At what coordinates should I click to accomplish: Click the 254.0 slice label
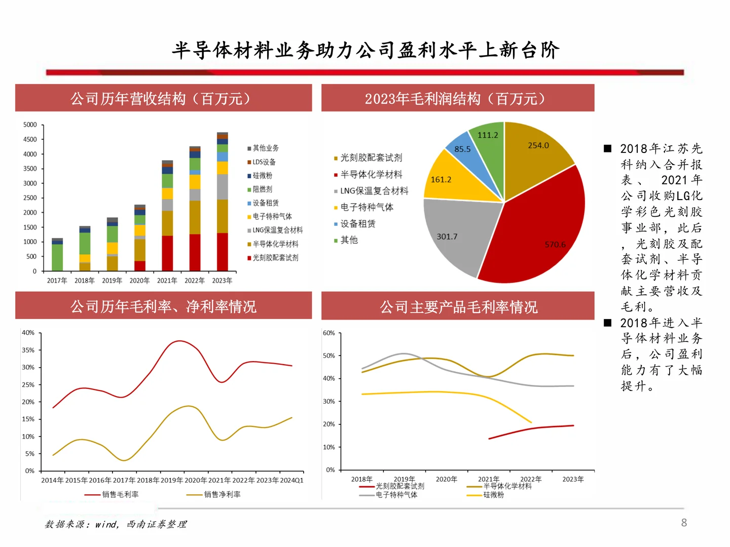tap(538, 145)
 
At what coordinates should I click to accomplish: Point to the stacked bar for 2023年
tap(222, 203)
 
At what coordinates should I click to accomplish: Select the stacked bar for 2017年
tap(57, 256)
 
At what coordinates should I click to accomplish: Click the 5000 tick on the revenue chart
tap(30, 125)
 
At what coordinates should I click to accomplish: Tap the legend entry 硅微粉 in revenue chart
tap(263, 176)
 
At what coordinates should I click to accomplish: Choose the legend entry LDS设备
tap(264, 162)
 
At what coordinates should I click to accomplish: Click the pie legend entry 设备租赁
tap(357, 224)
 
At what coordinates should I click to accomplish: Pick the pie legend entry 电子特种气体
tap(367, 207)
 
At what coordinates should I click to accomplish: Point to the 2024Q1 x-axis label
tap(293, 480)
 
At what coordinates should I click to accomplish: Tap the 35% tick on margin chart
tap(28, 350)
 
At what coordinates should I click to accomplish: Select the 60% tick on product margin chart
tap(329, 333)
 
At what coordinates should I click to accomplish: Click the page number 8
tap(684, 523)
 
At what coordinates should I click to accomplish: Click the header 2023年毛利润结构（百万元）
tap(457, 98)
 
